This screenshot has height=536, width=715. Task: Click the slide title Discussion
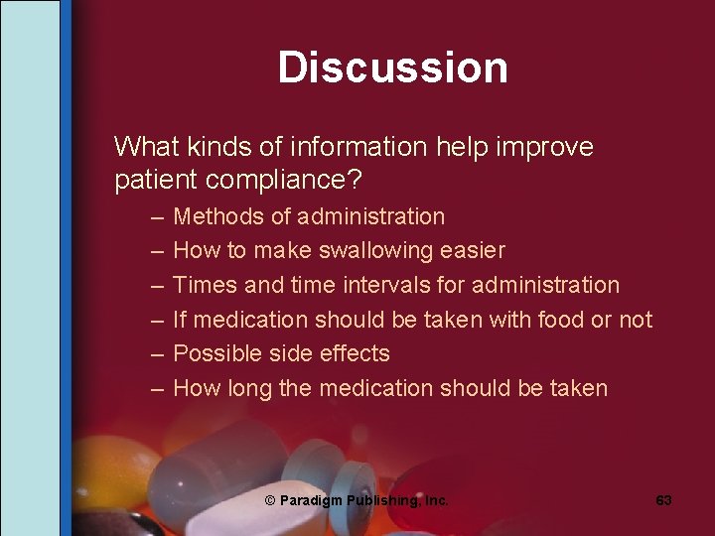[392, 67]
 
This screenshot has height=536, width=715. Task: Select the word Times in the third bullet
[205, 285]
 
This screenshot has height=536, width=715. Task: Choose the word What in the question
[145, 148]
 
